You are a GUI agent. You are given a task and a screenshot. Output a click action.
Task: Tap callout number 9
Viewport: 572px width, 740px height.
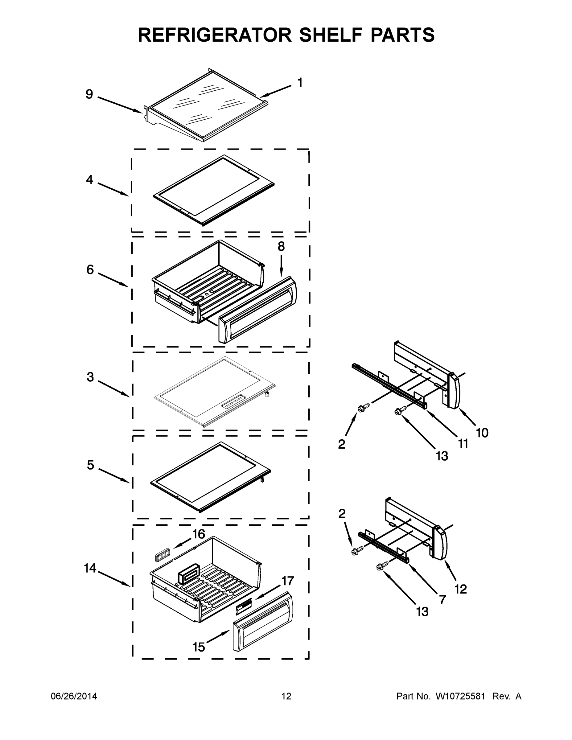click(89, 94)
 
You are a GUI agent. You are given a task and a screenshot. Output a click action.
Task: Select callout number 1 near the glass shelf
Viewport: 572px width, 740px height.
click(299, 82)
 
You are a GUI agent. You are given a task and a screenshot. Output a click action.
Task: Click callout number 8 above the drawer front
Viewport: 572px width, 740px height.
click(281, 246)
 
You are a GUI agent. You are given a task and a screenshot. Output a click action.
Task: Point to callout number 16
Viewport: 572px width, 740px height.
click(199, 534)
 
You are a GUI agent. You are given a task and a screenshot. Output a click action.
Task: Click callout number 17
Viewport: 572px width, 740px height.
click(287, 581)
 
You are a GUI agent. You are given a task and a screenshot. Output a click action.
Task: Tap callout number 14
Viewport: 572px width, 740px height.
click(90, 568)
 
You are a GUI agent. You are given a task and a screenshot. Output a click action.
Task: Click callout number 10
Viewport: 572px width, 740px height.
click(482, 433)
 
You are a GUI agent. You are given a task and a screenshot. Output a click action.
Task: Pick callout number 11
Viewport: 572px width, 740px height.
click(463, 443)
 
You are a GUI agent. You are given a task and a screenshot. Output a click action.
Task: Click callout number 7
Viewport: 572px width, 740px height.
click(442, 599)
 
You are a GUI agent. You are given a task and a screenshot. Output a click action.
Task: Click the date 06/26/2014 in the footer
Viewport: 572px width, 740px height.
click(74, 696)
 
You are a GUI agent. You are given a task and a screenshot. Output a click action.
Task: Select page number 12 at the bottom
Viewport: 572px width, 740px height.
click(286, 696)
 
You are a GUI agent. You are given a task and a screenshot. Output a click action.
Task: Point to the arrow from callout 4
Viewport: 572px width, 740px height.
click(113, 189)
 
